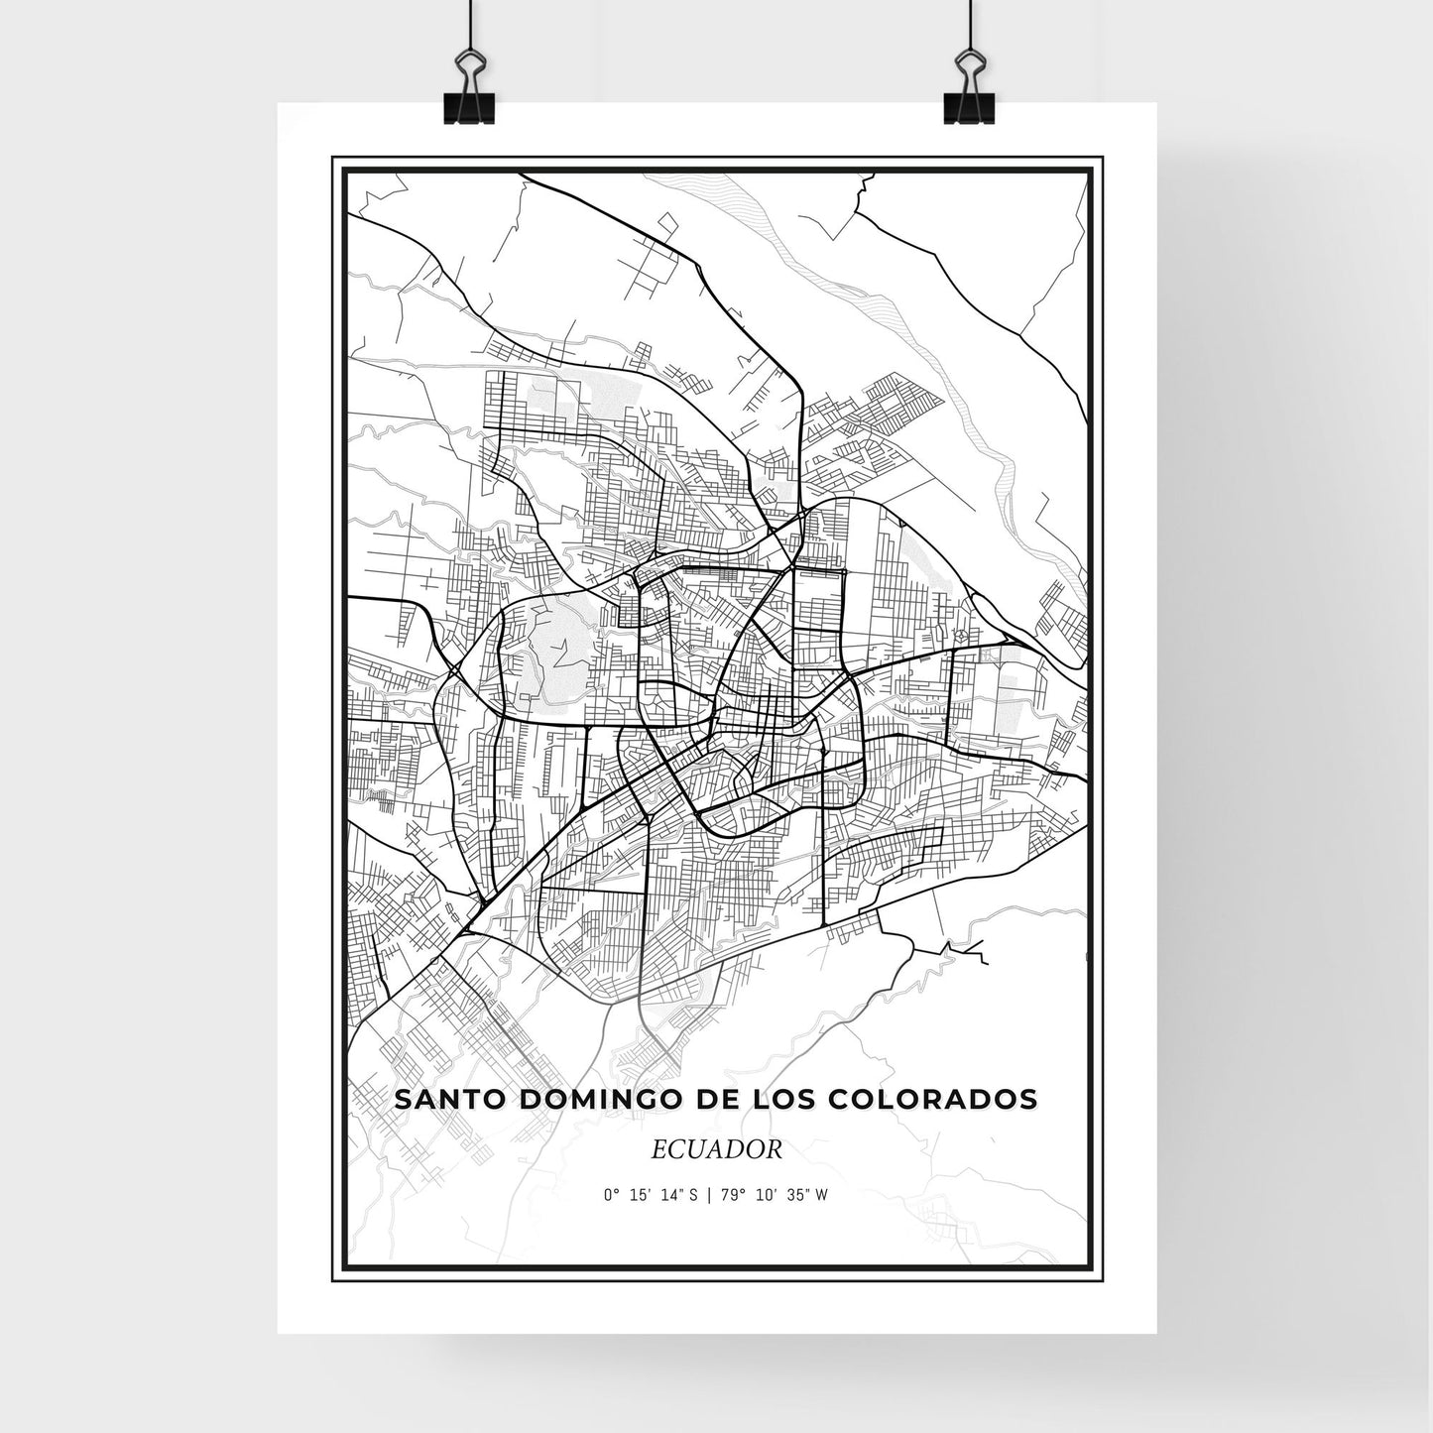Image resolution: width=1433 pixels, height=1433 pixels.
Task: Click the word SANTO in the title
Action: pos(439,1100)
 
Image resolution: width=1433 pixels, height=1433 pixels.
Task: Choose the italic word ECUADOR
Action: pos(717,1149)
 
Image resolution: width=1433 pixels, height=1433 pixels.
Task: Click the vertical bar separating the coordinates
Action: pos(709,1195)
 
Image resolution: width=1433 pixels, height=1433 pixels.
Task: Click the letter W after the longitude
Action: pos(822,1195)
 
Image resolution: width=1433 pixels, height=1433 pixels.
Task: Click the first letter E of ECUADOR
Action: pos(658,1149)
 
